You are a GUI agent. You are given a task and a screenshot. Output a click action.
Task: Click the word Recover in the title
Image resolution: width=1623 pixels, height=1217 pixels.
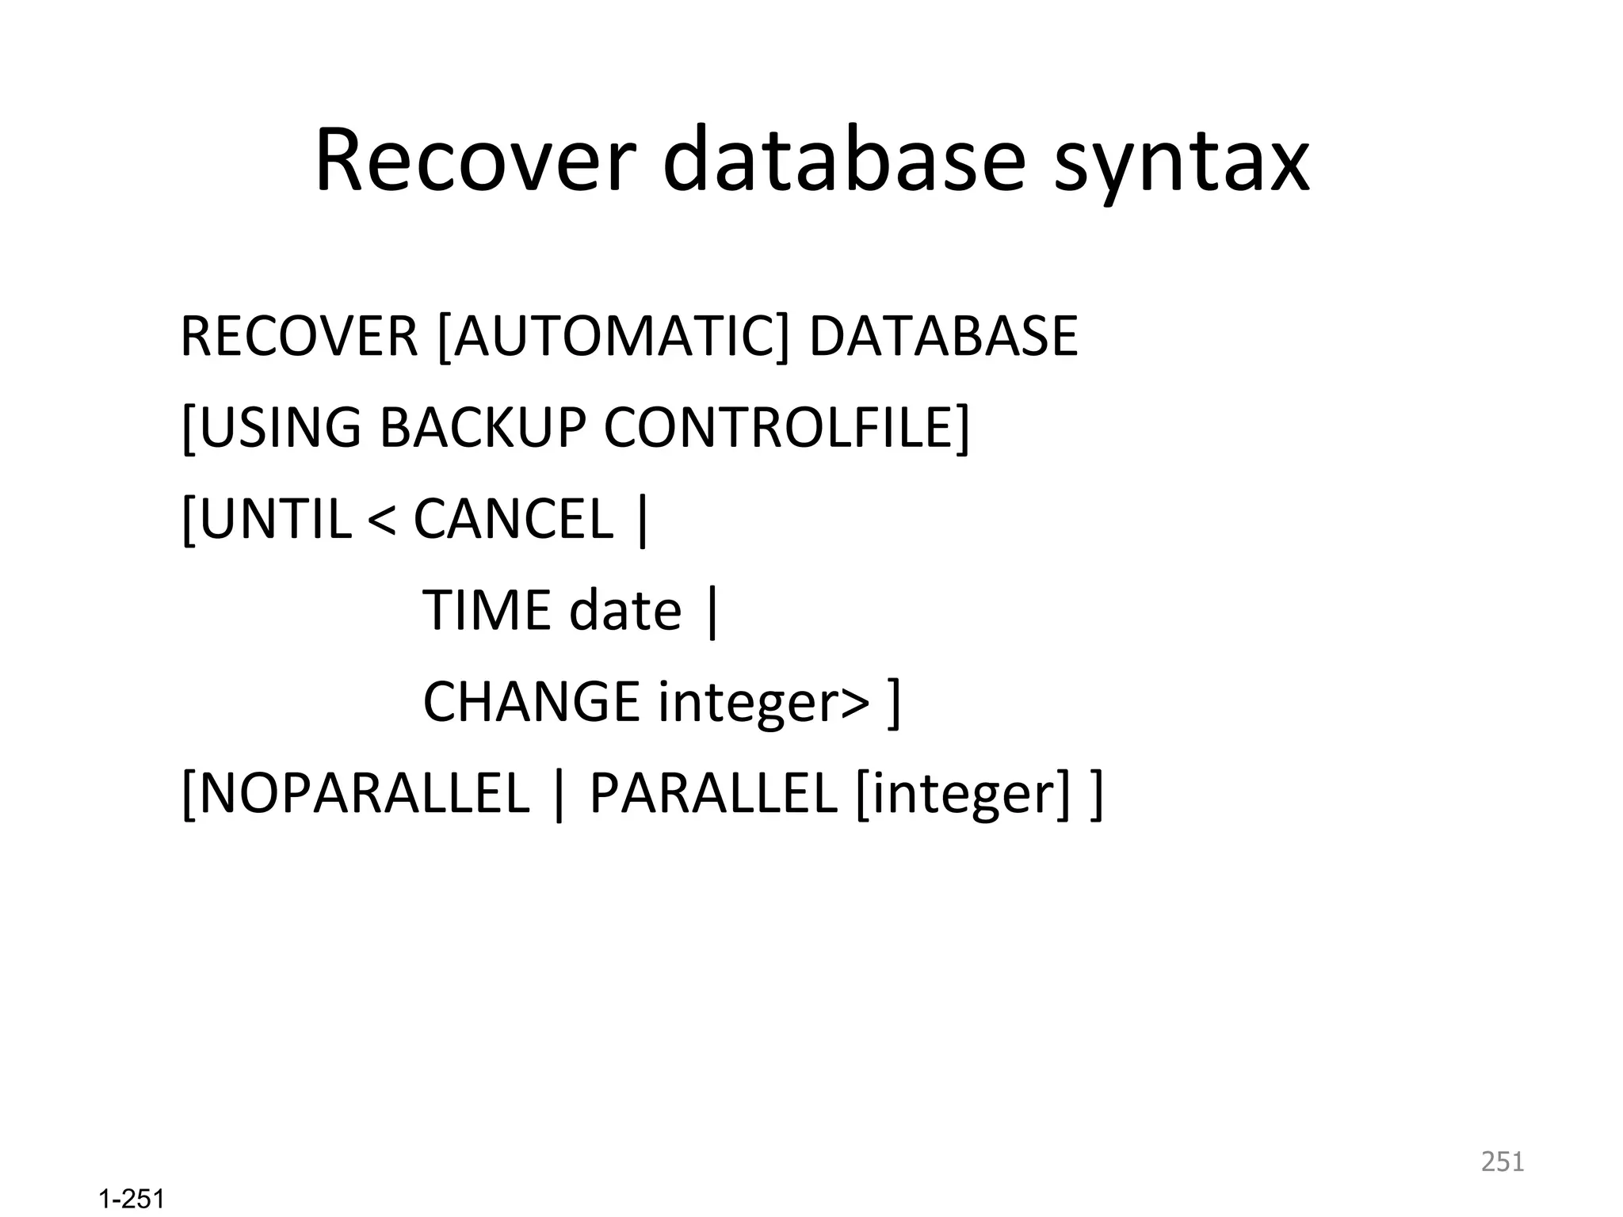click(x=475, y=161)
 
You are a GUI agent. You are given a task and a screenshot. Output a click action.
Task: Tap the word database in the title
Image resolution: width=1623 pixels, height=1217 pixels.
click(x=843, y=161)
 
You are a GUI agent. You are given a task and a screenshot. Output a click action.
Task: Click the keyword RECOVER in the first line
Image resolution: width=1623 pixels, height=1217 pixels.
click(x=299, y=337)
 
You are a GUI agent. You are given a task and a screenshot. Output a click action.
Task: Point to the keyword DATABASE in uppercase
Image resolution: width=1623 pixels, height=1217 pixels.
click(x=943, y=337)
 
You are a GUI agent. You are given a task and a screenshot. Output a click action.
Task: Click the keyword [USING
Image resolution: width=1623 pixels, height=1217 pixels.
click(x=271, y=428)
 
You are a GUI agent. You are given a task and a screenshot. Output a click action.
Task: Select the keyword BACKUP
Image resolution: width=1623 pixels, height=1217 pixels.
click(x=483, y=428)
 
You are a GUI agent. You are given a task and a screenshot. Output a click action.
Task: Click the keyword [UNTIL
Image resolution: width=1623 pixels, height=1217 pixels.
click(x=266, y=519)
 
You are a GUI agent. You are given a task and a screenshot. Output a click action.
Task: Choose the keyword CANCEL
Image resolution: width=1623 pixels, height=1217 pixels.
click(x=514, y=519)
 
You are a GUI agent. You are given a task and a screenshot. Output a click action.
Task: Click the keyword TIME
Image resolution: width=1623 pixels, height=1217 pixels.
click(x=487, y=610)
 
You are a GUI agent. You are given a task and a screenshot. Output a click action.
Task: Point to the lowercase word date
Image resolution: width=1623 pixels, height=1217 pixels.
click(x=624, y=610)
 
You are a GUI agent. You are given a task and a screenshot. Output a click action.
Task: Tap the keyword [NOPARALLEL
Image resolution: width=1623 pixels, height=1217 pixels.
click(x=355, y=793)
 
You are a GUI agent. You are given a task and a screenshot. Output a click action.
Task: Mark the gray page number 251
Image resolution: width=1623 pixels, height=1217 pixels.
click(x=1503, y=1162)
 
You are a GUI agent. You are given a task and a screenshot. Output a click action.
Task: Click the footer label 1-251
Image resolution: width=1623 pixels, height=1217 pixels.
click(x=132, y=1200)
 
